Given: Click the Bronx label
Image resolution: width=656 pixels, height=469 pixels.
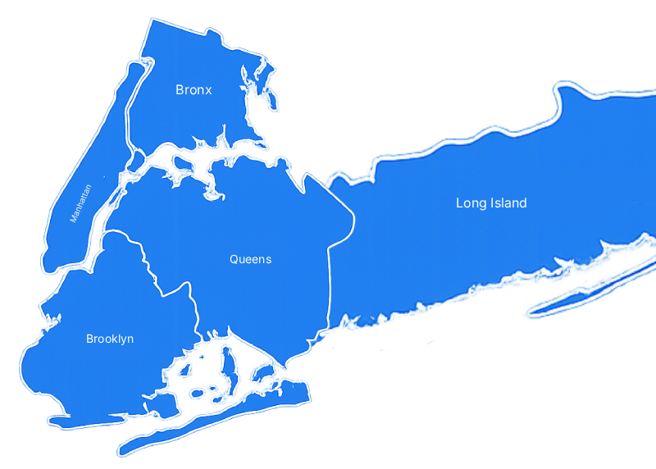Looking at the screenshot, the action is point(194,90).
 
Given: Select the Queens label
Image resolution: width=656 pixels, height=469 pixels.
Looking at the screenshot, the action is point(250,260).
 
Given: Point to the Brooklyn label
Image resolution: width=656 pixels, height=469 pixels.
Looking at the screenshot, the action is point(110,339).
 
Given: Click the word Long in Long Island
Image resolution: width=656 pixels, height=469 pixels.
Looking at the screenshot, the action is point(470,203).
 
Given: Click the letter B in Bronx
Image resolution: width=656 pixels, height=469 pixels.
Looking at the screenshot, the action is point(180,90).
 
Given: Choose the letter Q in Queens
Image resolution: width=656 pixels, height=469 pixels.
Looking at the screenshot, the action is point(234,260).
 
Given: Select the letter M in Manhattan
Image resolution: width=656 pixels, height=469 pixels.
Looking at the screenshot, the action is point(74,220).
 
